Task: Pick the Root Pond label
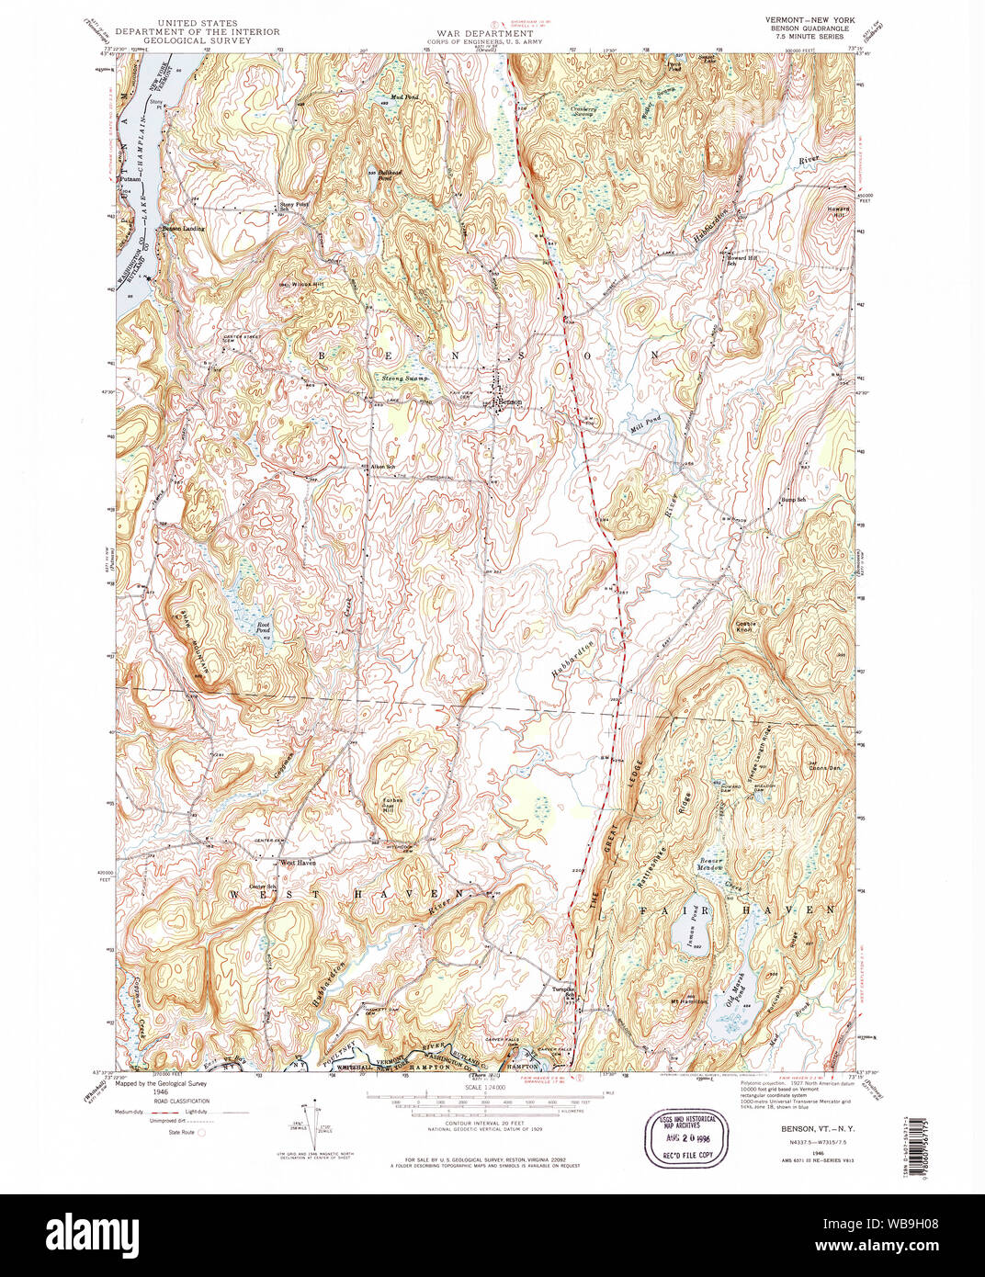click(264, 627)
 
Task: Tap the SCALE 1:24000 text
click(487, 1088)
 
